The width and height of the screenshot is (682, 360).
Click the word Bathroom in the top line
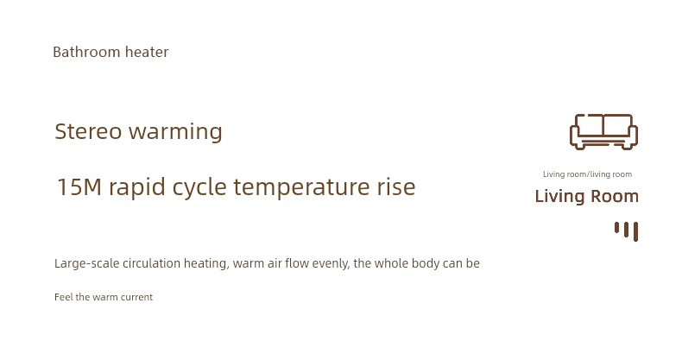pos(86,52)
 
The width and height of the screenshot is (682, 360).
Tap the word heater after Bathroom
pos(147,52)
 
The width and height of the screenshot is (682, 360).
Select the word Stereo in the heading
pos(88,131)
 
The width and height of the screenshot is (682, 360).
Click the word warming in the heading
pos(175,132)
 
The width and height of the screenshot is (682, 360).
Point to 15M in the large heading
pos(79,187)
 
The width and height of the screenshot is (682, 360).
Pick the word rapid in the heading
pos(137,188)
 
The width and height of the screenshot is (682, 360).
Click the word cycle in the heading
pos(199,188)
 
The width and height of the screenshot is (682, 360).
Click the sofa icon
pos(603,132)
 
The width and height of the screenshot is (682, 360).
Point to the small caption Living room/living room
pos(587,174)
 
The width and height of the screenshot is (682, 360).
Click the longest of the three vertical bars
pos(635,231)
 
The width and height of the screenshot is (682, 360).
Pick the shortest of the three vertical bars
pos(616,228)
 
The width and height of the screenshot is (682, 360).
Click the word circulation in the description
pos(151,263)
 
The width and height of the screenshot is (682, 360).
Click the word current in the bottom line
pos(136,297)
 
